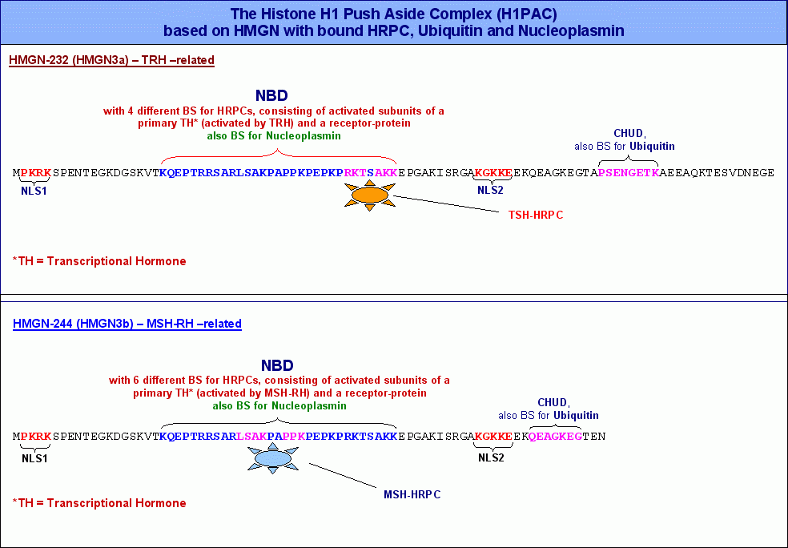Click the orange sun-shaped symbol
click(x=370, y=195)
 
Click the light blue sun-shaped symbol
click(x=273, y=458)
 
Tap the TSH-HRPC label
click(x=536, y=216)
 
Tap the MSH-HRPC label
click(x=412, y=494)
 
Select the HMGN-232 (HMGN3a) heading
click(x=111, y=60)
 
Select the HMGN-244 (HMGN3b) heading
click(x=127, y=324)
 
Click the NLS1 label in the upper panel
click(x=34, y=191)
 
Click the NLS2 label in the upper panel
click(x=490, y=190)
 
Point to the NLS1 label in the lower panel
click(x=34, y=458)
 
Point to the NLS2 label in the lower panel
click(x=491, y=457)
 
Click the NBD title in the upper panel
click(x=271, y=95)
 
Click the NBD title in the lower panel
click(x=277, y=365)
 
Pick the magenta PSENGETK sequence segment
click(x=629, y=173)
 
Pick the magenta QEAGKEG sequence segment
click(x=555, y=437)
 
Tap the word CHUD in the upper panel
click(x=628, y=134)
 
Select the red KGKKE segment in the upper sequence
click(x=493, y=173)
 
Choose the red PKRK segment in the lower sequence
click(x=36, y=437)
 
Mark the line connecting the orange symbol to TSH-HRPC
click(x=446, y=204)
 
